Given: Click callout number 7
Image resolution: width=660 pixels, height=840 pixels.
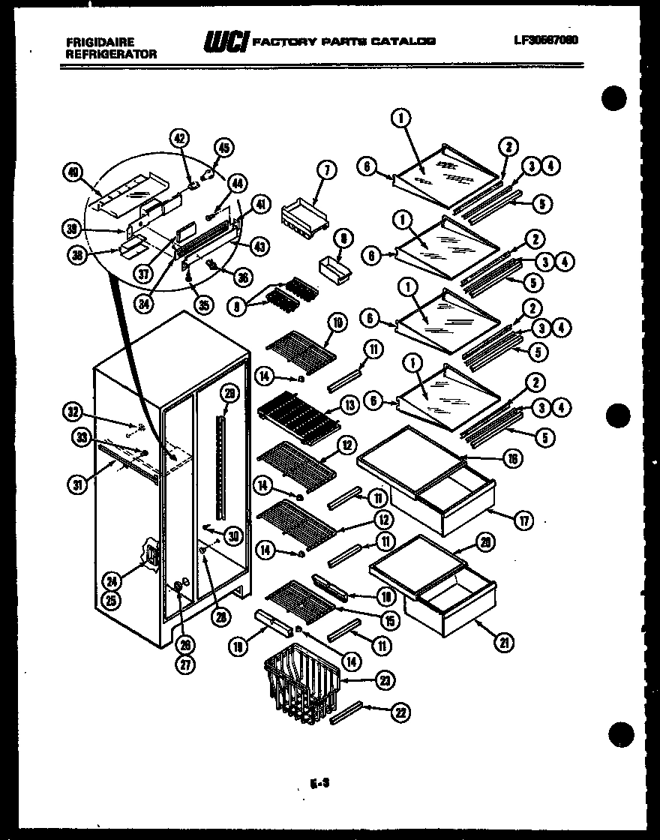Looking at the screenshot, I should (x=326, y=169).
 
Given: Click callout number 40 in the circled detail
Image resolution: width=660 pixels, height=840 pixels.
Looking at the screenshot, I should (x=72, y=172).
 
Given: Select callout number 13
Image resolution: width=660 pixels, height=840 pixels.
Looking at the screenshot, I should (x=349, y=406).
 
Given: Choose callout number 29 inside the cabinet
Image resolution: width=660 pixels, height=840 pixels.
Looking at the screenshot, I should (x=229, y=394).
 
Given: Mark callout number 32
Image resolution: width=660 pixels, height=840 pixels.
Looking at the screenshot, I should (x=72, y=411).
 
